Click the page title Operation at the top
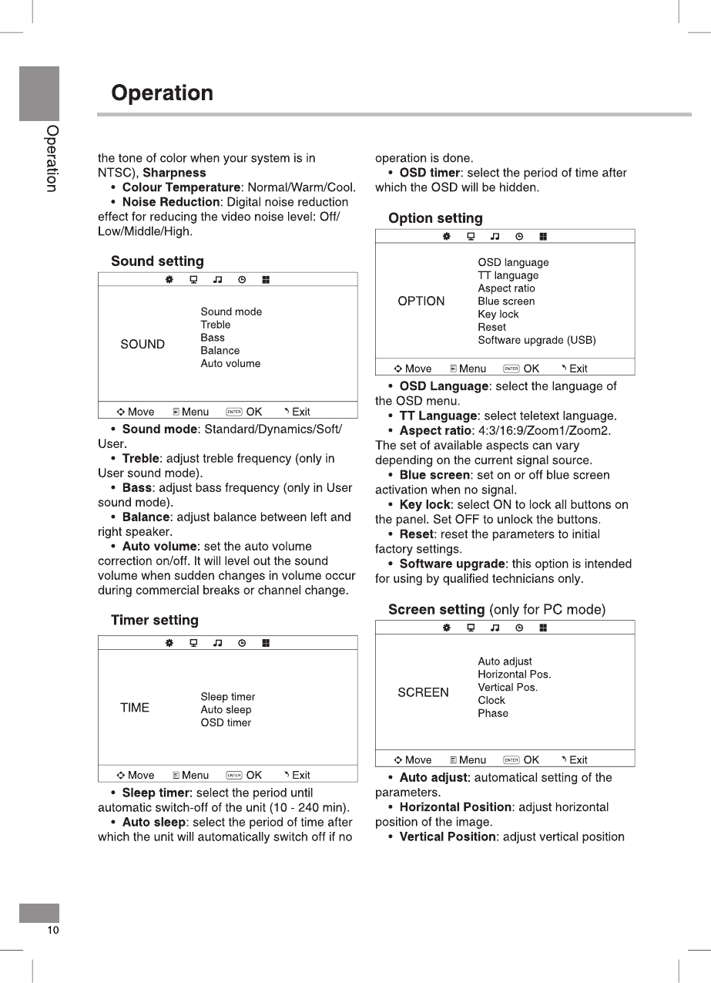point(162,93)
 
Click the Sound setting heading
point(157,261)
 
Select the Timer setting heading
point(154,621)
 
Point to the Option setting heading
point(435,219)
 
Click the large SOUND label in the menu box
point(143,345)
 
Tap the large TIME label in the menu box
point(135,708)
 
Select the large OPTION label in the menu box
point(421,301)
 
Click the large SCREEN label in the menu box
point(423,692)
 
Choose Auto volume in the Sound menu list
point(230,364)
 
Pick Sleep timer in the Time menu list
point(227,697)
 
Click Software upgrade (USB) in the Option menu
point(536,340)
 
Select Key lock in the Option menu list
point(498,315)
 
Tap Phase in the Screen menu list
point(492,713)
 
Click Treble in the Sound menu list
point(215,325)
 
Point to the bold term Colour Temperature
point(181,187)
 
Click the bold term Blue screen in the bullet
point(434,475)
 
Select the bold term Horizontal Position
point(455,807)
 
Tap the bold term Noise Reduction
point(171,202)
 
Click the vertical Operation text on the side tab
point(51,158)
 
